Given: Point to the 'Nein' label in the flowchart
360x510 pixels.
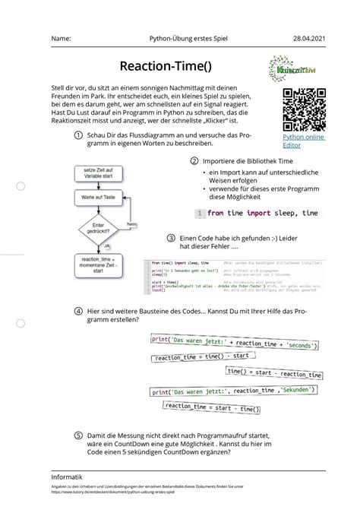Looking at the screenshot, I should pyautogui.click(x=131, y=225).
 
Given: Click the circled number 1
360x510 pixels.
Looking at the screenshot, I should pyautogui.click(x=78, y=135).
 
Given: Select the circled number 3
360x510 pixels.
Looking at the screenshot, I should pyautogui.click(x=172, y=237).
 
